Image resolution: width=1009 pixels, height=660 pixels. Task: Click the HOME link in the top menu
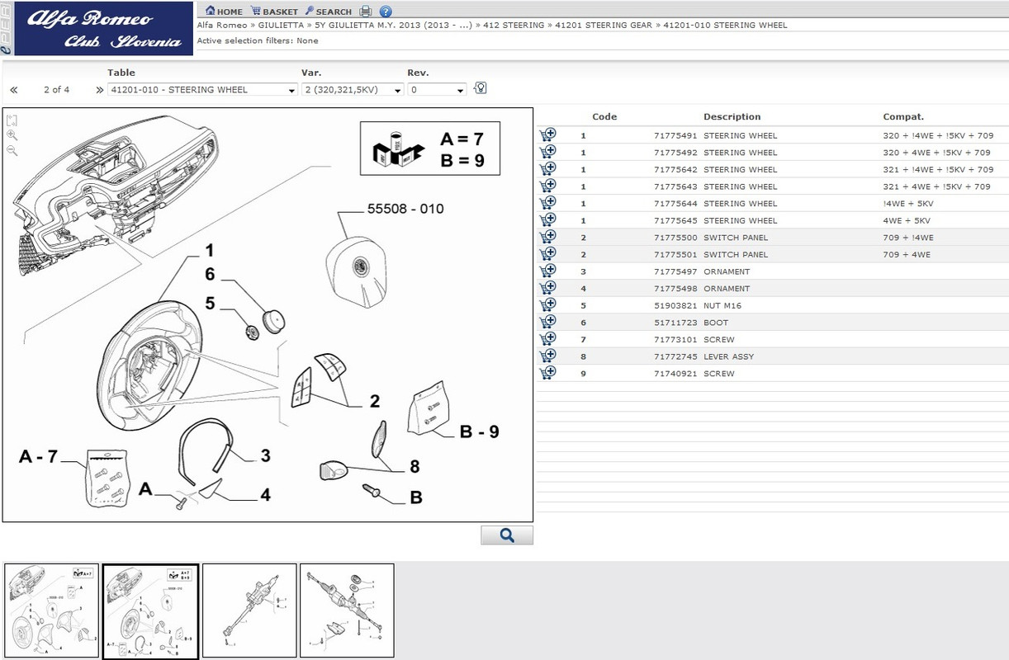pos(224,12)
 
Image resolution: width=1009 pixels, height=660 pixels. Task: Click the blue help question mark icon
pos(386,12)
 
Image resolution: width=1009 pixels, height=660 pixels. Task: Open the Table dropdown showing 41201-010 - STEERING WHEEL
pos(202,90)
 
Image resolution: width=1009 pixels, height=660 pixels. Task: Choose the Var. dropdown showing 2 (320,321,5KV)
pos(353,90)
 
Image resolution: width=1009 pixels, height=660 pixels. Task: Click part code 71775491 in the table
pos(675,135)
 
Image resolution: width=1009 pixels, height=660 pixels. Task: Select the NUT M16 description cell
pos(722,306)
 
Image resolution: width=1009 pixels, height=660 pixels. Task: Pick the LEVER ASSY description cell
pos(728,357)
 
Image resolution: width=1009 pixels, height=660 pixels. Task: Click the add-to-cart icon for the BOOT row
pos(547,323)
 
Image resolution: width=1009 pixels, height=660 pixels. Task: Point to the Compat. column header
pos(903,117)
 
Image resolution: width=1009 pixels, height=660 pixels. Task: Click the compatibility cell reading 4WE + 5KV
pos(907,221)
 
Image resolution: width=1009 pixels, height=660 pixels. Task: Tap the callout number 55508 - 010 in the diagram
pos(405,210)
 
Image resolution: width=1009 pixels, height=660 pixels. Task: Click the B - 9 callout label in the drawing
pos(479,431)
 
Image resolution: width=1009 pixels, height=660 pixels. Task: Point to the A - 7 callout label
pos(39,456)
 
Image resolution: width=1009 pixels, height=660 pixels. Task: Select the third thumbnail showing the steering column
pos(249,610)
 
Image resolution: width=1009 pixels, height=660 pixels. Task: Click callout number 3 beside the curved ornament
pos(265,455)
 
